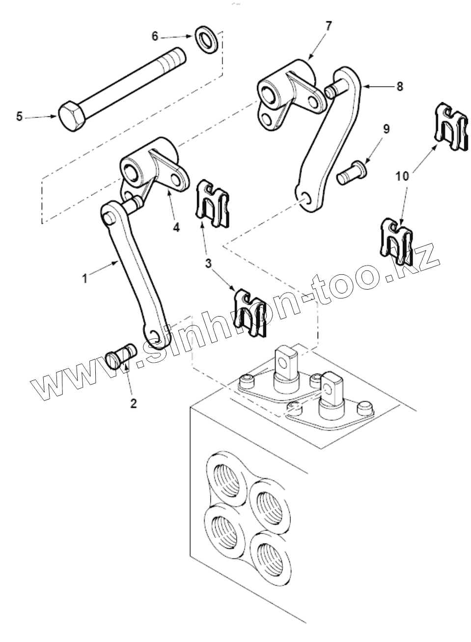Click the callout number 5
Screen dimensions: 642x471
19,117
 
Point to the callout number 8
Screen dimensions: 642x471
400,86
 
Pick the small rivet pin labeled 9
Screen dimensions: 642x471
350,173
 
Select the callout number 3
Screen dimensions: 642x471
208,264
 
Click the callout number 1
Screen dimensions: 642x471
85,278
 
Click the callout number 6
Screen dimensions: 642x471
155,36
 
